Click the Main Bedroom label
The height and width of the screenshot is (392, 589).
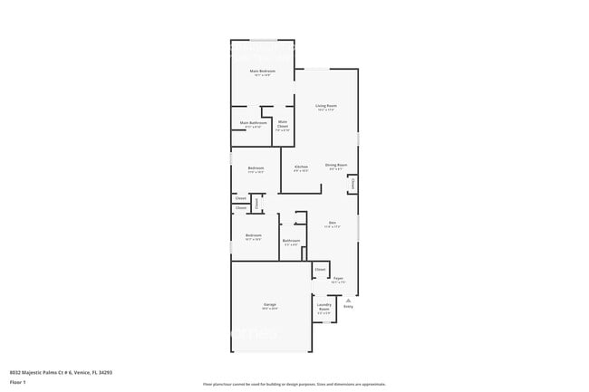pos(263,71)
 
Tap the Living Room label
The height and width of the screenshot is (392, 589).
pos(326,106)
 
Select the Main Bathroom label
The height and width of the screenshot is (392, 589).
pos(253,123)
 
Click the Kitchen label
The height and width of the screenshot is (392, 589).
pos(301,166)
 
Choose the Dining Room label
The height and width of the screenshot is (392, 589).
pos(336,165)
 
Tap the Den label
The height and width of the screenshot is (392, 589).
pos(333,223)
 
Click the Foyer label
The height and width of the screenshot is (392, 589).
pos(337,278)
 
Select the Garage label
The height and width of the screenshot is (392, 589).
pos(270,304)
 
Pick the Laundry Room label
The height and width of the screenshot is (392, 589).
pos(323,306)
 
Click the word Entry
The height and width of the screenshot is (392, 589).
pos(348,306)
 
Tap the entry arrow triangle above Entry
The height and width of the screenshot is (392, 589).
pos(348,300)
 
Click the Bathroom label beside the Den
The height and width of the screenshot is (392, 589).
pos(291,240)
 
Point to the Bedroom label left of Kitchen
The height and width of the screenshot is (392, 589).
pos(256,167)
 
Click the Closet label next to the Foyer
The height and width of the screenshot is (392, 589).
pos(320,270)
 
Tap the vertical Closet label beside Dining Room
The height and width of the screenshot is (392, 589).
pos(352,184)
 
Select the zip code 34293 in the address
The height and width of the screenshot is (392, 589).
pos(104,371)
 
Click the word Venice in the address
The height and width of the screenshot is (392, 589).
pos(79,371)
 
